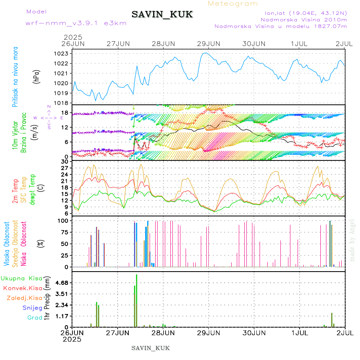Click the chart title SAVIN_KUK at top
coord(162,15)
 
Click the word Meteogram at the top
coord(233,4)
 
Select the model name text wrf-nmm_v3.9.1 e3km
coord(76,23)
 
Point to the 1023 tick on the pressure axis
coord(61,54)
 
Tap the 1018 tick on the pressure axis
coord(61,103)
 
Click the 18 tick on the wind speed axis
coord(64,112)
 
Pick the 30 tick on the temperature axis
coord(64,161)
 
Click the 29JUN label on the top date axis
coord(208,43)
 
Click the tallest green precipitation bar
coord(136,300)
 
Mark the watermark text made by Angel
coord(352,240)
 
